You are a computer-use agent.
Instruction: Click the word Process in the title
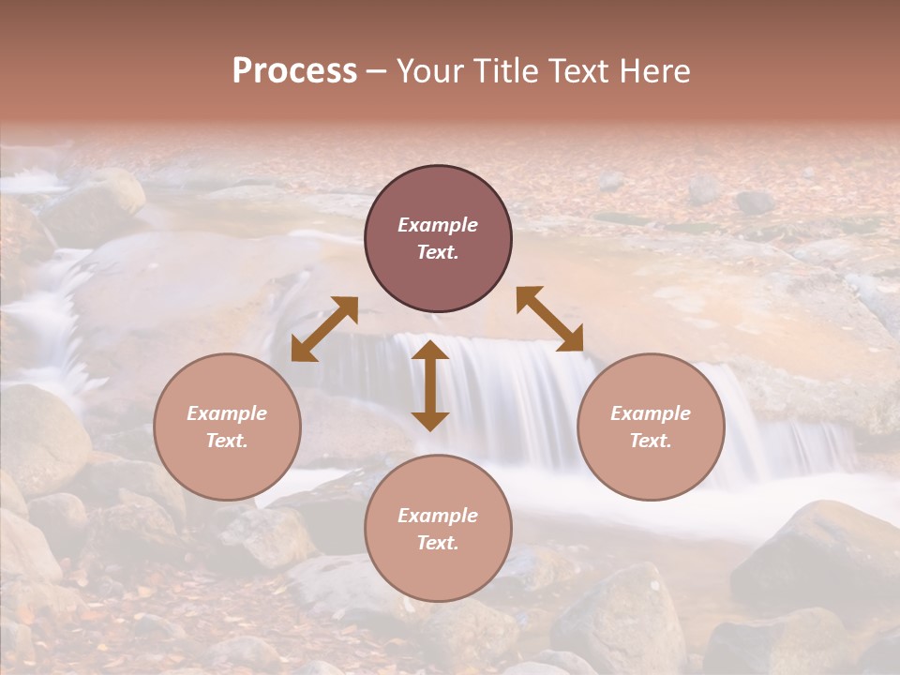click(294, 71)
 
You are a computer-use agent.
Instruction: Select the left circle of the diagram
click(227, 427)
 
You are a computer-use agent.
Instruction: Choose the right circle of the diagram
click(651, 427)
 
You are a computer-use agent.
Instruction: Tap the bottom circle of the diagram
click(438, 529)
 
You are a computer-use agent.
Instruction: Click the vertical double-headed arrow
click(430, 385)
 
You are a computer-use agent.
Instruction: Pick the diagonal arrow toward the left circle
click(324, 329)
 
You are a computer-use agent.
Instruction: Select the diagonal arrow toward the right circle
click(550, 319)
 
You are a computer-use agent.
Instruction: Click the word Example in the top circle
click(438, 225)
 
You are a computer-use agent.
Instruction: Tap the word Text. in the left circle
click(227, 441)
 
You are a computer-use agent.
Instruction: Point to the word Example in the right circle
click(651, 413)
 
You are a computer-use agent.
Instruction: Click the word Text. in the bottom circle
click(438, 543)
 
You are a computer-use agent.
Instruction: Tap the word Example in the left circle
click(227, 413)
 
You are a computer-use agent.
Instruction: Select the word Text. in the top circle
click(438, 252)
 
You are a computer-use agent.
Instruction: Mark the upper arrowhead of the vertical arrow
click(430, 349)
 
